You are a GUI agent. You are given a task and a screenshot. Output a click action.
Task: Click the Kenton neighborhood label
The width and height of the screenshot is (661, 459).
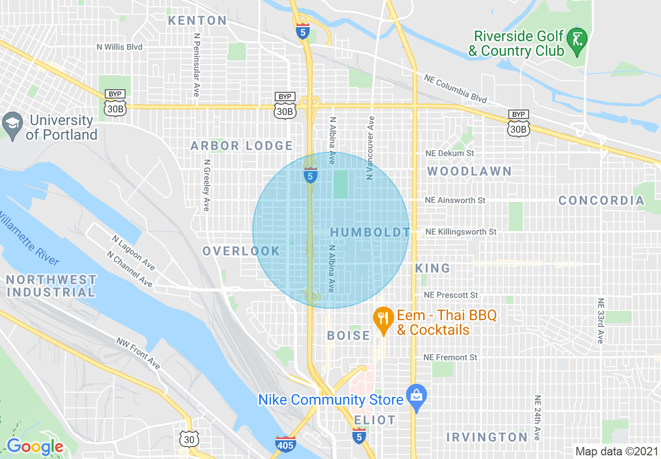[198, 21]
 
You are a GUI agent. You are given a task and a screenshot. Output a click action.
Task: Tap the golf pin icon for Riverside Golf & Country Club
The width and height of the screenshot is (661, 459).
[577, 40]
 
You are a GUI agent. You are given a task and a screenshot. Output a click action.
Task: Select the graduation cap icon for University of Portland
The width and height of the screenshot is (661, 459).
[11, 124]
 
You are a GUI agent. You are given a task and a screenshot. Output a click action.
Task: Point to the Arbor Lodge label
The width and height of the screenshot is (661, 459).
[242, 146]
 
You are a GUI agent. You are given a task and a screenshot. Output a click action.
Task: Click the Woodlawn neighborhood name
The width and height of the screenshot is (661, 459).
[470, 171]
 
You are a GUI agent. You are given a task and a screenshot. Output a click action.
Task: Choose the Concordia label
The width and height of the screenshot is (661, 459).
[601, 201]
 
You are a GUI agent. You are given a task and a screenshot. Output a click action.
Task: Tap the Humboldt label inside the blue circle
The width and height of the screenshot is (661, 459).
[370, 232]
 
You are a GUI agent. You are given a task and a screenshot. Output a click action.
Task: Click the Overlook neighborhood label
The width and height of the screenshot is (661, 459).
[241, 251]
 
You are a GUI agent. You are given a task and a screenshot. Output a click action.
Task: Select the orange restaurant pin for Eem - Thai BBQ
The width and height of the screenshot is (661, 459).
[384, 318]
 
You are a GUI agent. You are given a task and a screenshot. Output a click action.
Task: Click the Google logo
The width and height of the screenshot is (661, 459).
[35, 446]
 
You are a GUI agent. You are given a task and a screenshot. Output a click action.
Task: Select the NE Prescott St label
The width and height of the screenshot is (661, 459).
[451, 295]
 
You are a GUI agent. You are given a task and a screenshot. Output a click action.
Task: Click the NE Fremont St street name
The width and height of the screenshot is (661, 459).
[450, 358]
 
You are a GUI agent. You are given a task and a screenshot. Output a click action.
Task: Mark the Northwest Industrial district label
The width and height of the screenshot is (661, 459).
[51, 286]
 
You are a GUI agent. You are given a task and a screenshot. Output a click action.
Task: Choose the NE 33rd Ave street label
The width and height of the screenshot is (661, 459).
[601, 320]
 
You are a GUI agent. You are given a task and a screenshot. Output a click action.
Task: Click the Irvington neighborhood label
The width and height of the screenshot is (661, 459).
[487, 437]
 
